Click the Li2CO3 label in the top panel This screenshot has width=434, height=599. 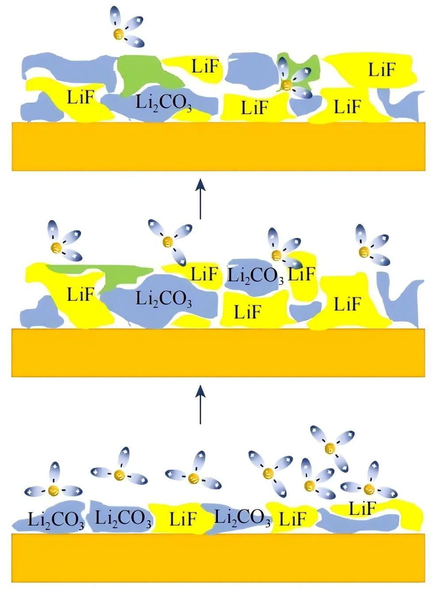pyautogui.click(x=164, y=103)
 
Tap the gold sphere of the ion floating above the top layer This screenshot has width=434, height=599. pyautogui.click(x=118, y=34)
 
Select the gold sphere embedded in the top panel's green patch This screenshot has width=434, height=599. pyautogui.click(x=286, y=85)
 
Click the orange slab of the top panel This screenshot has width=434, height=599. pyautogui.click(x=218, y=146)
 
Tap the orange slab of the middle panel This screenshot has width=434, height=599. pyautogui.click(x=218, y=353)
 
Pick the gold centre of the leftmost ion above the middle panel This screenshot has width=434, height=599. pyautogui.click(x=57, y=246)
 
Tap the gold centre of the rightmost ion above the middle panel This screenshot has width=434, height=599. pyautogui.click(x=364, y=251)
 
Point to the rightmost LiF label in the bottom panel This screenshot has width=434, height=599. pyautogui.click(x=363, y=508)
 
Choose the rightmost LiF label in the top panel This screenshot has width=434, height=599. pyautogui.click(x=382, y=69)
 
